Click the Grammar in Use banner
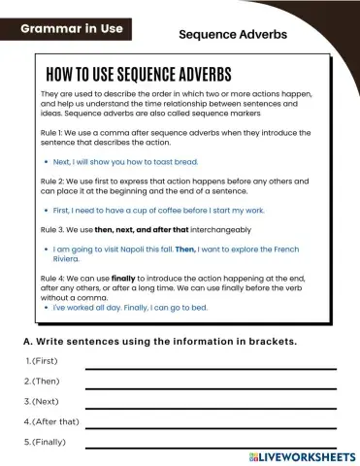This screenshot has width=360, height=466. point(73,29)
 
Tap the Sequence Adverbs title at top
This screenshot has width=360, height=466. point(233,35)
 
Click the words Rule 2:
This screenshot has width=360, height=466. point(55,182)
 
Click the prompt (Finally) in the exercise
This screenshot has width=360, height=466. point(49,443)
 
